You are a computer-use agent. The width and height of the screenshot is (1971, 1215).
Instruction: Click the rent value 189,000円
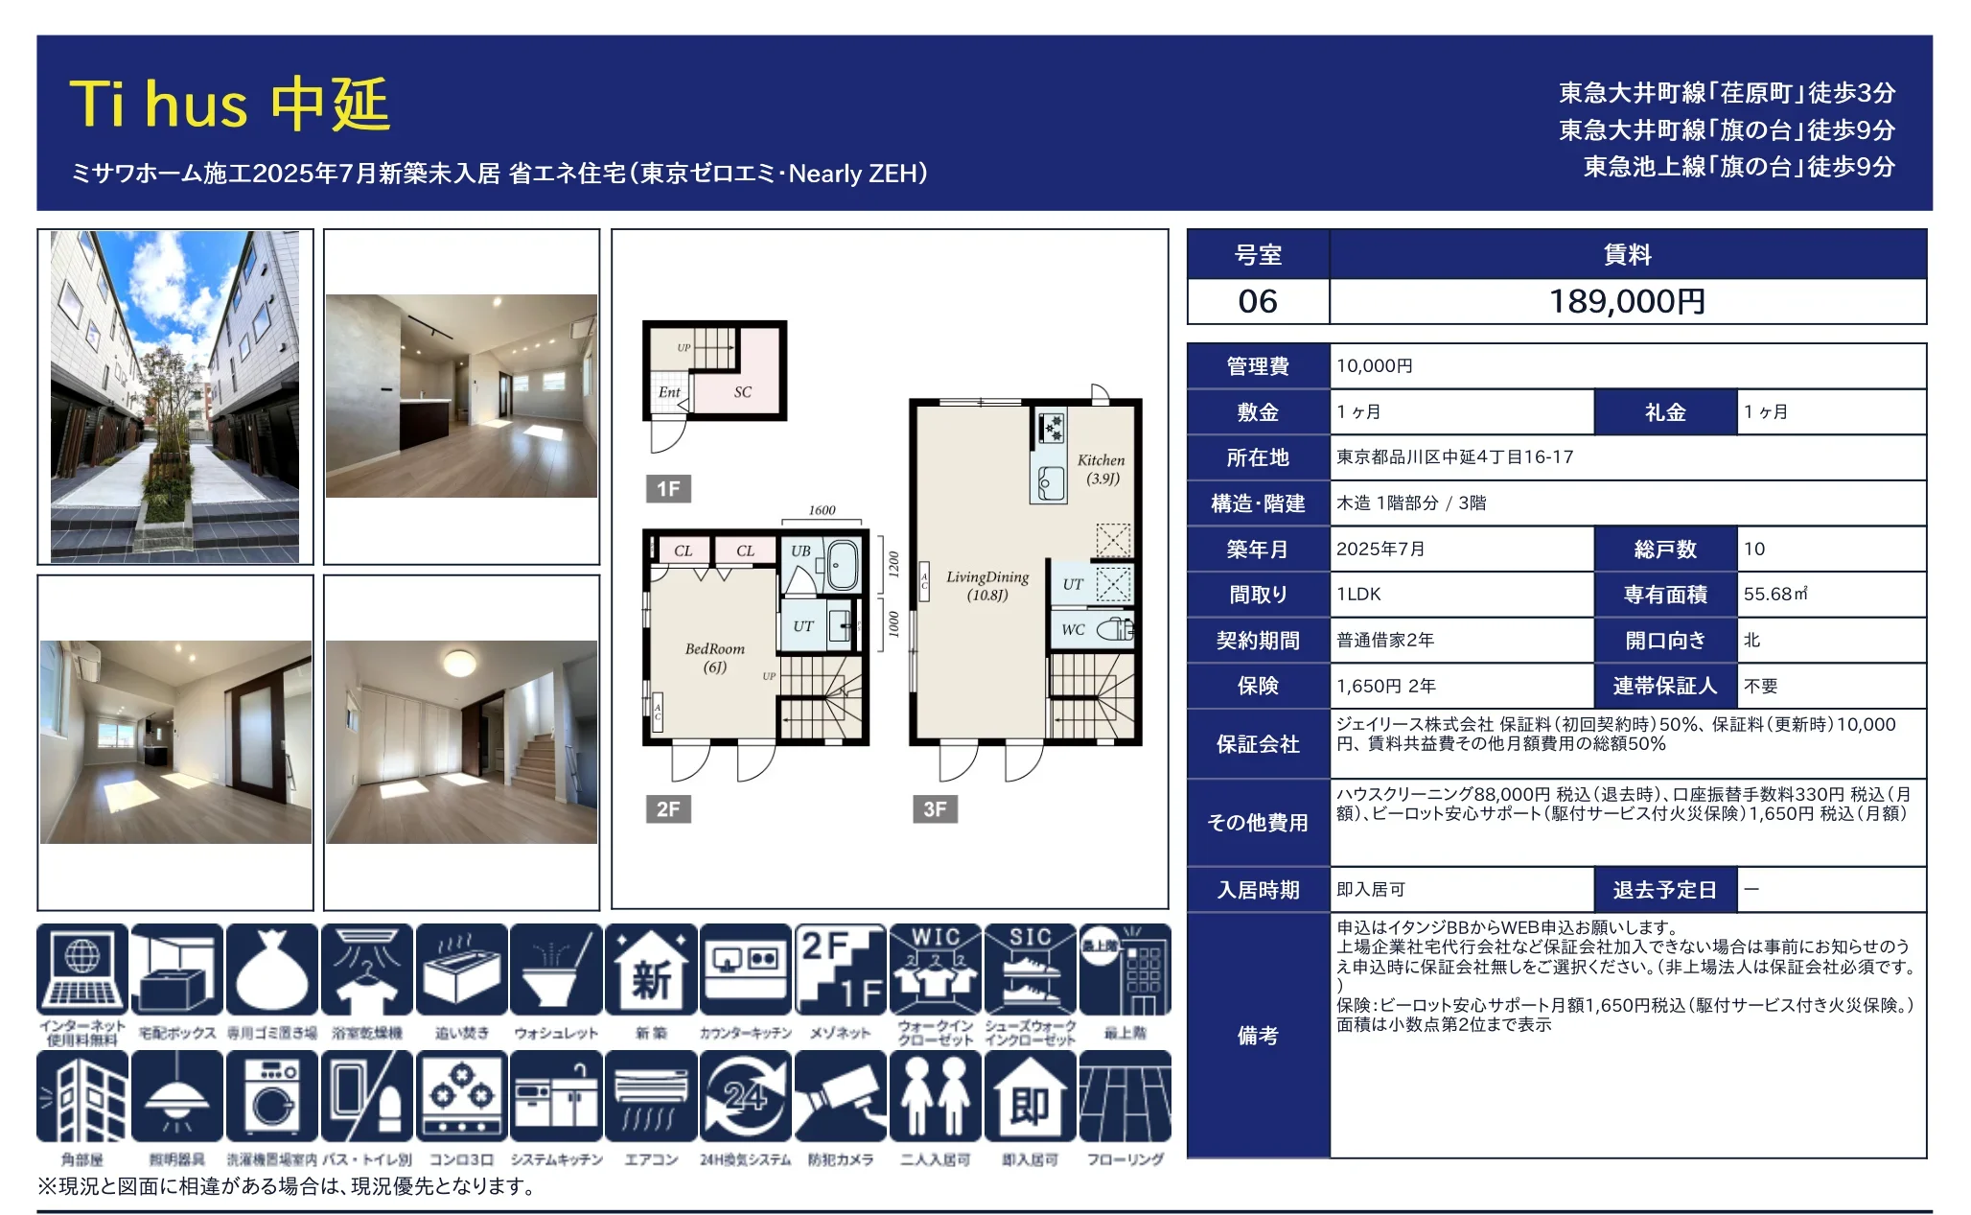(1627, 301)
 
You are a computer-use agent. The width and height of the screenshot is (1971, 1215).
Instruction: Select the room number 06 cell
(1257, 301)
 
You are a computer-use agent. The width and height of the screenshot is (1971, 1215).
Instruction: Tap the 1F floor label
(668, 489)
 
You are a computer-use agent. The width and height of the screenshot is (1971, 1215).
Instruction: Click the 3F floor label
(935, 808)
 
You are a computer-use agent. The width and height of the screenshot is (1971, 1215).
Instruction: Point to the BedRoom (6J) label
(714, 657)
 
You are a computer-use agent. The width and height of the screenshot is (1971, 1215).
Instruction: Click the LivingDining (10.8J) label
(987, 585)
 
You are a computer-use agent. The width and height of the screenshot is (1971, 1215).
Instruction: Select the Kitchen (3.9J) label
(1101, 469)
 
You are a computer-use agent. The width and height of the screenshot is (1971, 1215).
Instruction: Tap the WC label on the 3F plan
(1073, 630)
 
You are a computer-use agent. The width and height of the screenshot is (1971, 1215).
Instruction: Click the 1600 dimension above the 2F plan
(822, 510)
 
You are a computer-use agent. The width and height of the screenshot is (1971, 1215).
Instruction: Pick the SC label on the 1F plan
(743, 392)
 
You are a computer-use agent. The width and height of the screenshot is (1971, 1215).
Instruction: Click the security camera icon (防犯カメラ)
(841, 1097)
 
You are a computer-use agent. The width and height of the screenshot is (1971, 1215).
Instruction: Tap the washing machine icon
(272, 1097)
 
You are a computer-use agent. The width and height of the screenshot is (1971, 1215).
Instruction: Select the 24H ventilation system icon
(745, 1097)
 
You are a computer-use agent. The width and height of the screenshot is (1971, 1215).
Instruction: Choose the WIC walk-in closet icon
(935, 970)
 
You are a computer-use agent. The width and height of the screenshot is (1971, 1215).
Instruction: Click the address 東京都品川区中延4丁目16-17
(1454, 457)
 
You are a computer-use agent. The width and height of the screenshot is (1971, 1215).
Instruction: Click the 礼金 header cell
(1665, 412)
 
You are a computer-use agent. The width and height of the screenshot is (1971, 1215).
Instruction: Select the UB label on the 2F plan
(800, 551)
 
